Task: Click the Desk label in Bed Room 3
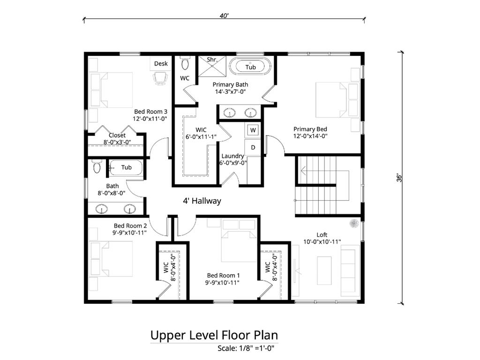(161, 64)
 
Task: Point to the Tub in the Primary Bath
(251, 67)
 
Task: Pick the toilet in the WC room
(185, 63)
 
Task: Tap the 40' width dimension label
(224, 15)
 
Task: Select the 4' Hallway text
(202, 201)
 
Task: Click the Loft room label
(322, 235)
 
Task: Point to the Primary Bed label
(310, 129)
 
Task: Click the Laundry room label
(232, 156)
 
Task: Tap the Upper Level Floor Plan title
(214, 336)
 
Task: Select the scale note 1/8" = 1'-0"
(245, 348)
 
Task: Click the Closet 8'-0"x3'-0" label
(117, 135)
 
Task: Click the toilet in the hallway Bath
(97, 167)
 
